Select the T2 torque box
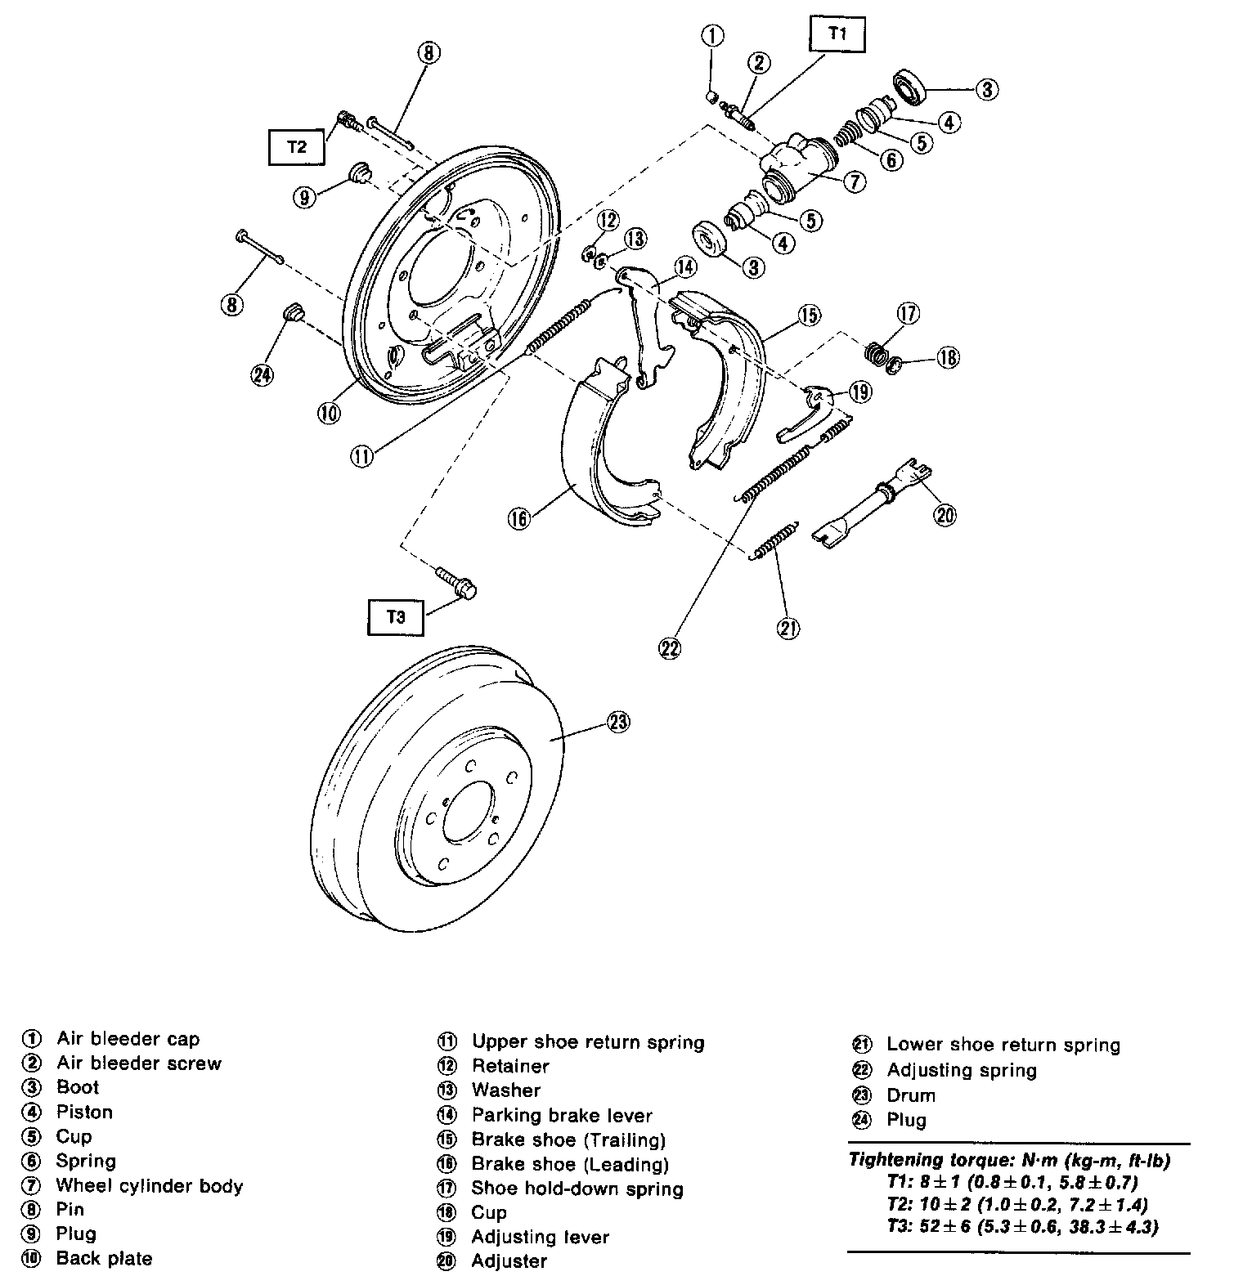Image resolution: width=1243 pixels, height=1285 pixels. click(x=296, y=147)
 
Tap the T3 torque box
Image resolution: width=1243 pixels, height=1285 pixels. click(x=396, y=617)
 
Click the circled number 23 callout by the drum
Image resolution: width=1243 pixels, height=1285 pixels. click(x=619, y=722)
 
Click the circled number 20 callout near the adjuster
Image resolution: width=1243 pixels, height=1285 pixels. click(x=945, y=515)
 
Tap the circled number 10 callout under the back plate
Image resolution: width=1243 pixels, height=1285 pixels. click(x=329, y=413)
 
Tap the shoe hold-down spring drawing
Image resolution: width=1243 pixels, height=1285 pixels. click(x=876, y=353)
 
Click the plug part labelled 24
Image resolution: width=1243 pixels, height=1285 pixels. click(x=293, y=313)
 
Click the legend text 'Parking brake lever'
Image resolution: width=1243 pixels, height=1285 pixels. click(x=561, y=1115)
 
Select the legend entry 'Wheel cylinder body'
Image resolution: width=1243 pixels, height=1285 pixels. click(x=149, y=1185)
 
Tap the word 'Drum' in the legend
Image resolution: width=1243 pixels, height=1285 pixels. click(x=910, y=1095)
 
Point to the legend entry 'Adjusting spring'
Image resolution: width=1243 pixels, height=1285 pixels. click(x=961, y=1070)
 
